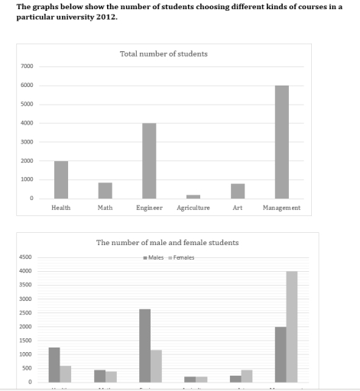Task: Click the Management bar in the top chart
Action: pyautogui.click(x=282, y=142)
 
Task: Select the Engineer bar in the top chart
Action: pyautogui.click(x=149, y=161)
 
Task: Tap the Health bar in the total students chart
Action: pyautogui.click(x=61, y=179)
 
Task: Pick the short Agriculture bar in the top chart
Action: pyautogui.click(x=193, y=196)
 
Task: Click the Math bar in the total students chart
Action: pyautogui.click(x=105, y=190)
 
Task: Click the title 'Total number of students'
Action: pyautogui.click(x=164, y=54)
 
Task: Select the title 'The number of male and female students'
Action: pyautogui.click(x=167, y=243)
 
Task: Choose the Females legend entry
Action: pyautogui.click(x=181, y=257)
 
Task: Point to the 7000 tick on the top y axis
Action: pyautogui.click(x=28, y=66)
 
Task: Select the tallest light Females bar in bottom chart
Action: pyautogui.click(x=291, y=326)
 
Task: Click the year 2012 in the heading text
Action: pyautogui.click(x=108, y=16)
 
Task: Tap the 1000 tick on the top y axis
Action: pyautogui.click(x=28, y=179)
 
